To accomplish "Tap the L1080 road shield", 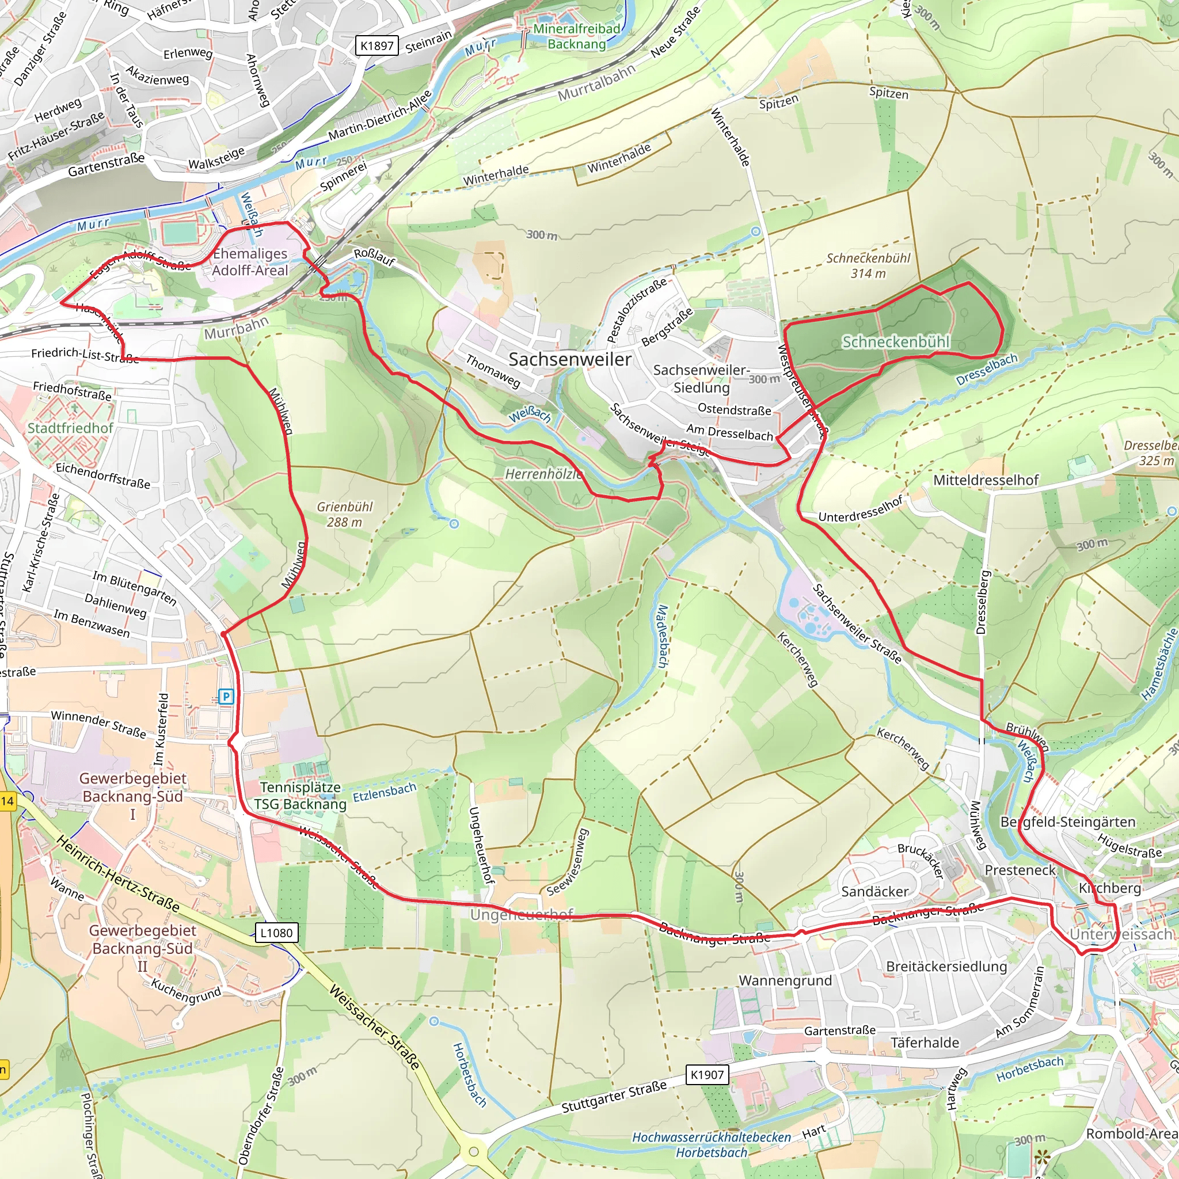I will (x=276, y=933).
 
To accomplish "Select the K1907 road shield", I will (x=708, y=1075).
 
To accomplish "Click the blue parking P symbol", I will (x=226, y=697).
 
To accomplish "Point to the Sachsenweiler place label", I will (x=570, y=359).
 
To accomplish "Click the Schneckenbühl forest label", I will (x=895, y=342).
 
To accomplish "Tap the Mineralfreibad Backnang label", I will (x=577, y=36).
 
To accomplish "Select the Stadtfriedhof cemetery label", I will (x=70, y=428).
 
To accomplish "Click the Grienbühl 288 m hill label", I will (x=344, y=514).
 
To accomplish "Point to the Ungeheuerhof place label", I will (x=522, y=914).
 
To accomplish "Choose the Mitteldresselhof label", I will (x=986, y=480).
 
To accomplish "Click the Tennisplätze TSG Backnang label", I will (x=301, y=796).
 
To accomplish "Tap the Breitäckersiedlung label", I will (x=946, y=967).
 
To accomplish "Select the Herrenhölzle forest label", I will (x=543, y=474).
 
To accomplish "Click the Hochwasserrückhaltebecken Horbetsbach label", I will (x=712, y=1145).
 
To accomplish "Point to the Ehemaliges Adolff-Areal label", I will (x=250, y=262).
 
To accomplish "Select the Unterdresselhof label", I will (x=860, y=510).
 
